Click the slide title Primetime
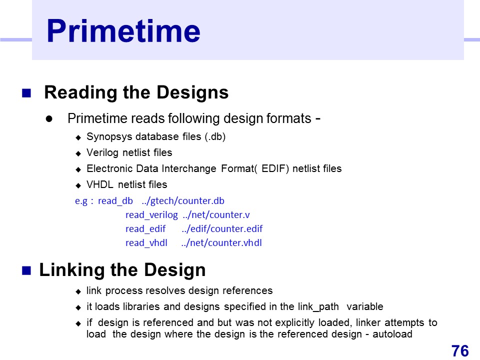(123, 31)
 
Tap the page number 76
(460, 351)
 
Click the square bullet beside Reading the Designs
(26, 93)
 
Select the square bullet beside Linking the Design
(26, 270)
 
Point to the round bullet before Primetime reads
(49, 119)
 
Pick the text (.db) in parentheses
(215, 136)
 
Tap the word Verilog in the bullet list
(102, 153)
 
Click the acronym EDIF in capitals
(275, 168)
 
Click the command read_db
(115, 201)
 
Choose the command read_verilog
(151, 215)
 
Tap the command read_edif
(145, 229)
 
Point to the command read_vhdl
(146, 243)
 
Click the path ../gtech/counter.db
(183, 201)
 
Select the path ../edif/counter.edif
(222, 229)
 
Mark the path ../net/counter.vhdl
(221, 243)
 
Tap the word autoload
(392, 334)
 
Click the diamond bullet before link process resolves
(78, 291)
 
